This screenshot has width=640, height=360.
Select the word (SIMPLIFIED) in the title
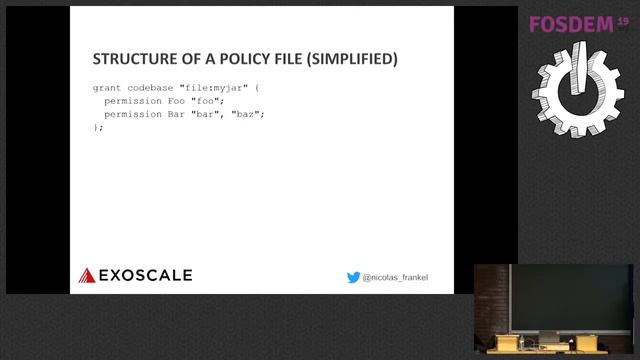(352, 59)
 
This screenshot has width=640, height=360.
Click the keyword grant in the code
(107, 88)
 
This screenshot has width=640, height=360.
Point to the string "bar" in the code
(207, 114)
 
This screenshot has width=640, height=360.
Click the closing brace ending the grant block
(97, 127)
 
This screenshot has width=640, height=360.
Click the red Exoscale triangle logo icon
(87, 275)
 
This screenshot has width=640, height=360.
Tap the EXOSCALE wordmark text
(145, 275)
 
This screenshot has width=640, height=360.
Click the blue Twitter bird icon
(353, 277)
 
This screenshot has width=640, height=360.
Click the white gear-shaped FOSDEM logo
(578, 96)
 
